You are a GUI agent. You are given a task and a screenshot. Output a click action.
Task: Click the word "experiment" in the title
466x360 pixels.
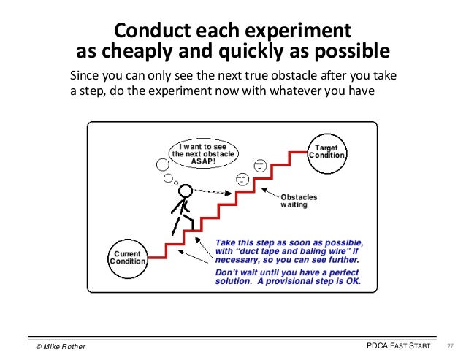coord(297,33)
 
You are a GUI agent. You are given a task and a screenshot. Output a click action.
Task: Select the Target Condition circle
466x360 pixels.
coord(326,151)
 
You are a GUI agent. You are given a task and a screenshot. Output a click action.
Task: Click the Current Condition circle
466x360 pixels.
coord(128,256)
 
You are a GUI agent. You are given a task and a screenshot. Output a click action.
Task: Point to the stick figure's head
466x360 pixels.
coord(186,191)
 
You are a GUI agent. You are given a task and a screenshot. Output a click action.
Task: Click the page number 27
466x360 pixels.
coord(450,345)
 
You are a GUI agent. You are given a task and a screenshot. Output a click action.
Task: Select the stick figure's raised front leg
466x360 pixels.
coord(188,215)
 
